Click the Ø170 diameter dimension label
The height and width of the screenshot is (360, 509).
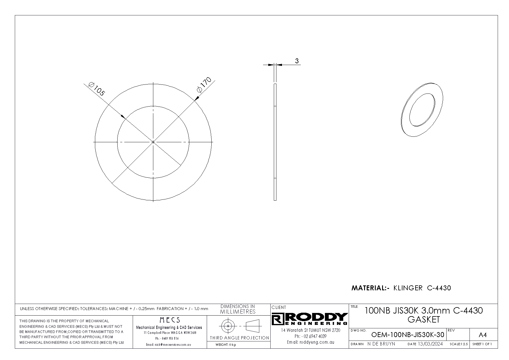click(204, 85)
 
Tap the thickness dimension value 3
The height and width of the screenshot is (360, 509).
click(297, 61)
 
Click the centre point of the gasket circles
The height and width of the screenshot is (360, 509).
click(153, 142)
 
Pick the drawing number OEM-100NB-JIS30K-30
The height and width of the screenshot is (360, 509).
click(408, 335)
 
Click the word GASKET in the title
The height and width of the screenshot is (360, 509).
click(424, 320)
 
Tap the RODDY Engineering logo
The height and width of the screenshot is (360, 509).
click(310, 319)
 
